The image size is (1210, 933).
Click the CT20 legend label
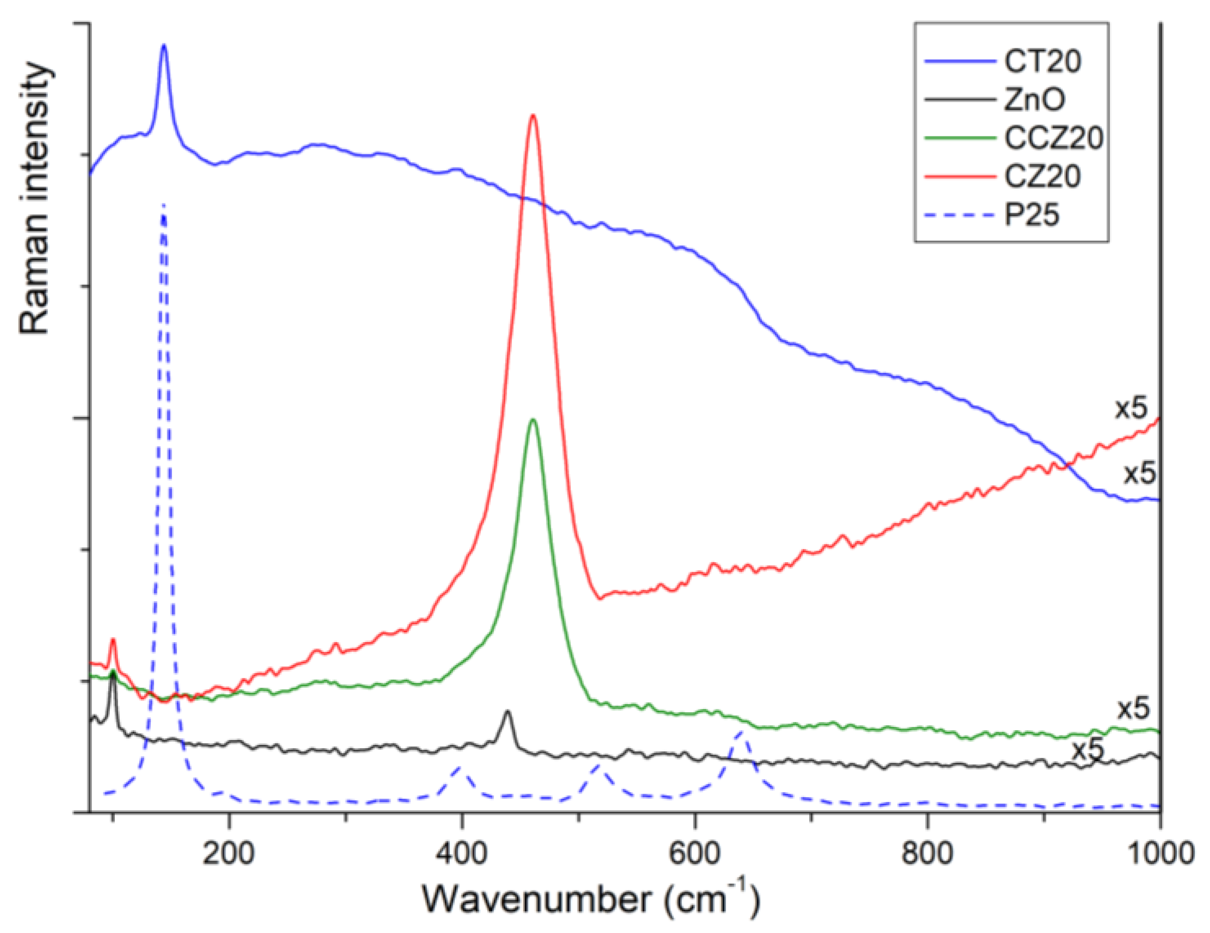tap(1042, 61)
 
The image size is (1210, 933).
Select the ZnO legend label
tap(1034, 99)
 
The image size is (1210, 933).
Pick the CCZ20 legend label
tap(1053, 138)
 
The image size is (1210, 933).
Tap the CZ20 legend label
tap(1042, 176)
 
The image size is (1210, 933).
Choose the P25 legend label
tap(1032, 214)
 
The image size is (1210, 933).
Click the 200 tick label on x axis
tap(228, 854)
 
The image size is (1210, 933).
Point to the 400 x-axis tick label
tap(461, 854)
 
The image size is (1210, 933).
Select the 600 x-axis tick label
tap(694, 854)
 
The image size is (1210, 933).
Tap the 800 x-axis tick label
tap(927, 854)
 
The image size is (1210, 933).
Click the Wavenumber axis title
tap(590, 899)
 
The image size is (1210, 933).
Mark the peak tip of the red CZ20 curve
tap(533, 115)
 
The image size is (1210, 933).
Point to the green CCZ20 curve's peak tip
tap(533, 419)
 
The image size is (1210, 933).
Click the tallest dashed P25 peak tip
tap(164, 205)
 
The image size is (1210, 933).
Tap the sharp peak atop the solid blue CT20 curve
tap(164, 46)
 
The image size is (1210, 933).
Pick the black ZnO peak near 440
tap(506, 711)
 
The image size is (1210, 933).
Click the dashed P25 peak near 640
tap(741, 732)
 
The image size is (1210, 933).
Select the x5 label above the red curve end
tap(1130, 408)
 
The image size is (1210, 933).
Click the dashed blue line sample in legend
tap(959, 215)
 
